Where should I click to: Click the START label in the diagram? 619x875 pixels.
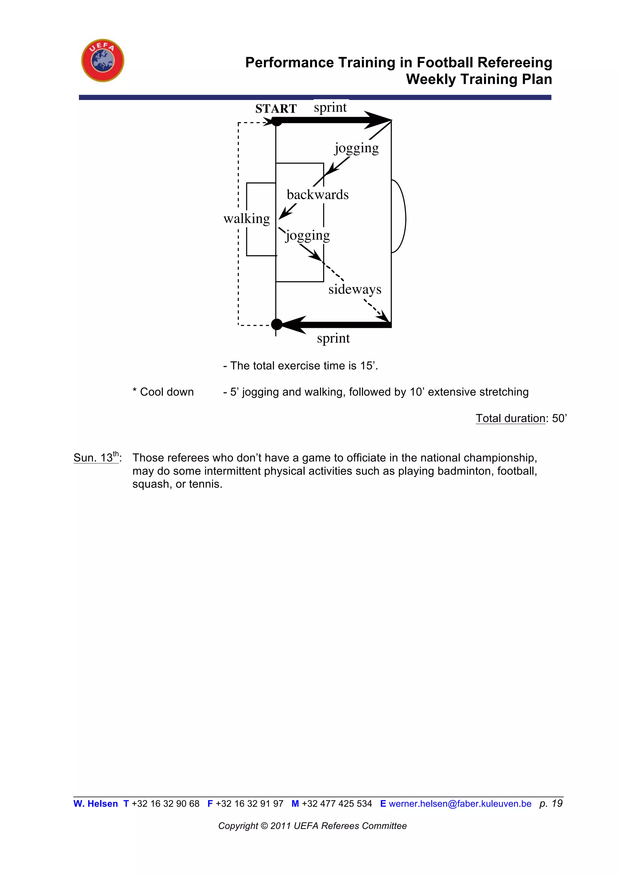coord(276,109)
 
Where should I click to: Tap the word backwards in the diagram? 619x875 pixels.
coord(317,195)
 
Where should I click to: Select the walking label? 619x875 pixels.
coord(247,219)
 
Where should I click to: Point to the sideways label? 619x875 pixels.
coord(355,290)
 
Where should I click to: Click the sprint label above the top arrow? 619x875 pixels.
coord(330,108)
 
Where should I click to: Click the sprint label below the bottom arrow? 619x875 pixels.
coord(333,338)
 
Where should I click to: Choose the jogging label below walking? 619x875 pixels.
coord(308,235)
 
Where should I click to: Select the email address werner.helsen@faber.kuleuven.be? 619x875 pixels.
coord(460,804)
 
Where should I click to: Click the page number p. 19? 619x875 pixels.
coord(551,803)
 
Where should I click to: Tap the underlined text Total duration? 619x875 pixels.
coord(510,418)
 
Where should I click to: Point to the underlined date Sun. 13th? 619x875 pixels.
coord(96,458)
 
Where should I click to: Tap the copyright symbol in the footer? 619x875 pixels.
coord(264,826)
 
